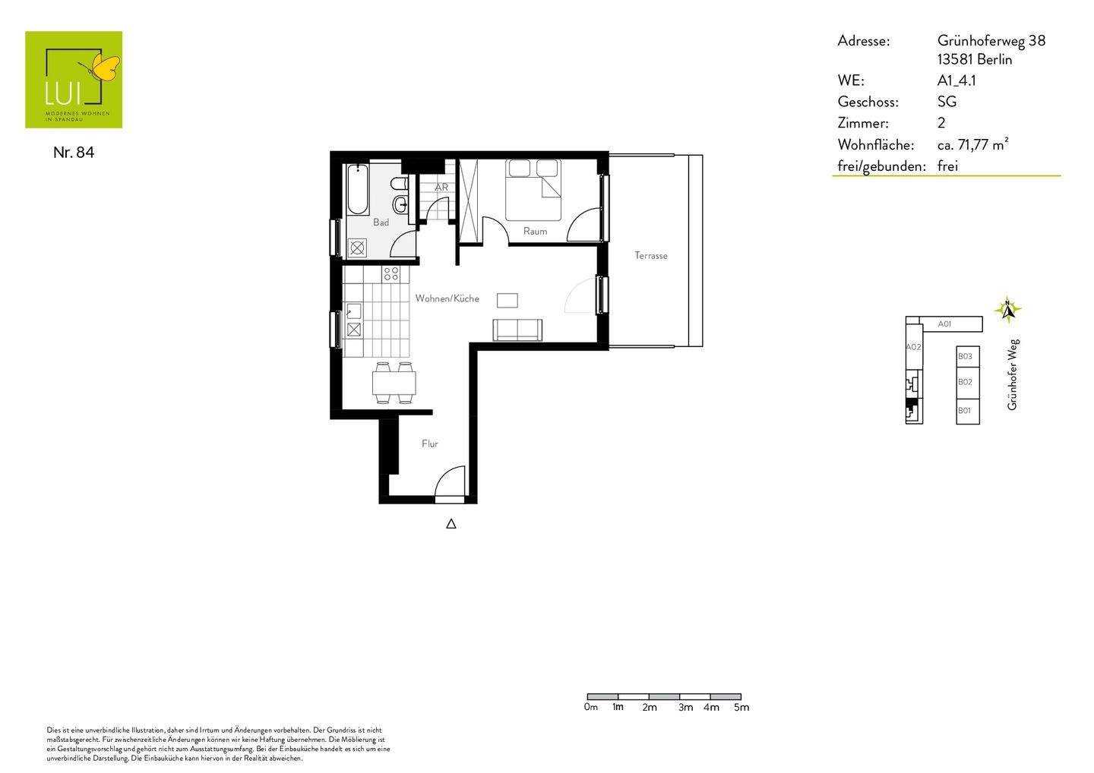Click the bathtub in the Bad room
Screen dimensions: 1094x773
click(358, 189)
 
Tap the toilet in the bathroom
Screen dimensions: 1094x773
click(400, 184)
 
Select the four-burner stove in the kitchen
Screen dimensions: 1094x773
click(391, 274)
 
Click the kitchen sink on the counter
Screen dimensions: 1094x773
click(353, 311)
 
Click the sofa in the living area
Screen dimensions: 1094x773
click(517, 330)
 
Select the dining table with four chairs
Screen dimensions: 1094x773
click(394, 383)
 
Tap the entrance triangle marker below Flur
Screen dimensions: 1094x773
click(451, 524)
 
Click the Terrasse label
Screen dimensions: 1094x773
click(650, 255)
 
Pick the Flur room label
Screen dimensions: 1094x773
click(430, 443)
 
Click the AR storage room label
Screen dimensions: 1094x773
click(441, 188)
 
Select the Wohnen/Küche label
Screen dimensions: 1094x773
click(447, 298)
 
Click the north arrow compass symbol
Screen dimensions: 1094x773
click(1007, 309)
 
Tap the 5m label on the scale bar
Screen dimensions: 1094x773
click(741, 707)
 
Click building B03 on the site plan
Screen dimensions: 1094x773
click(968, 357)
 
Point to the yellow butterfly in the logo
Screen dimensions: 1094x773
click(105, 68)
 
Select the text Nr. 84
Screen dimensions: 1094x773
click(74, 153)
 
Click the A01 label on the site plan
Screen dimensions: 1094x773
click(944, 323)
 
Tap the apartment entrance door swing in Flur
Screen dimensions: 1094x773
click(450, 481)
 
